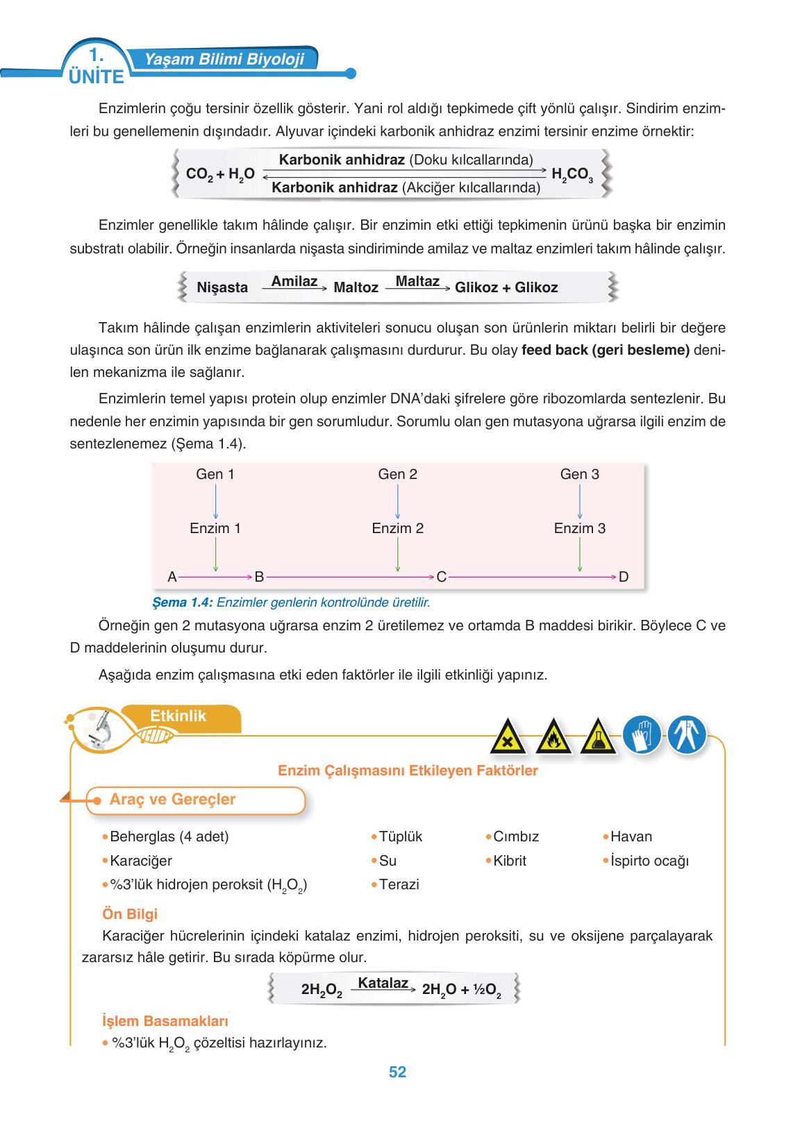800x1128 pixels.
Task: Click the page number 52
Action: click(397, 1072)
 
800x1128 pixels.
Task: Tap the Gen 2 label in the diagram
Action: click(397, 474)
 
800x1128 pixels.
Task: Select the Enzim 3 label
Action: click(579, 528)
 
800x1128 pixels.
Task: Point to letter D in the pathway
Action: click(623, 577)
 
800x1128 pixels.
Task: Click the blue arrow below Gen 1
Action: click(215, 501)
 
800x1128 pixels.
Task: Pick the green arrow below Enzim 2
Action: click(397, 555)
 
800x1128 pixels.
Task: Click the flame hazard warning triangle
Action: click(553, 736)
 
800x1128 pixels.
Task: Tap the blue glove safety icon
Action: click(641, 734)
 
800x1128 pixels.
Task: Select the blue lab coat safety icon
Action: click(687, 734)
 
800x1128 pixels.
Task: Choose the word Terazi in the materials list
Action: click(399, 884)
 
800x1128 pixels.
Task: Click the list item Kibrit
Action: click(509, 861)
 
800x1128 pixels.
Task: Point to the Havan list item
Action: click(631, 836)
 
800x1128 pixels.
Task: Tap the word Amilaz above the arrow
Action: click(294, 281)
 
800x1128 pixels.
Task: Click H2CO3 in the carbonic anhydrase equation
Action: click(572, 175)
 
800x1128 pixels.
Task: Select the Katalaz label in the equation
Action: click(383, 983)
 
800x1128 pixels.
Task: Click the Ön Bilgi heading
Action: click(130, 914)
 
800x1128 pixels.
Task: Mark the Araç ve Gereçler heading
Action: click(172, 800)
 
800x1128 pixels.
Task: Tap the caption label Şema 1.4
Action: click(181, 602)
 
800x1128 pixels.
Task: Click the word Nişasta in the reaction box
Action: click(222, 287)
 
